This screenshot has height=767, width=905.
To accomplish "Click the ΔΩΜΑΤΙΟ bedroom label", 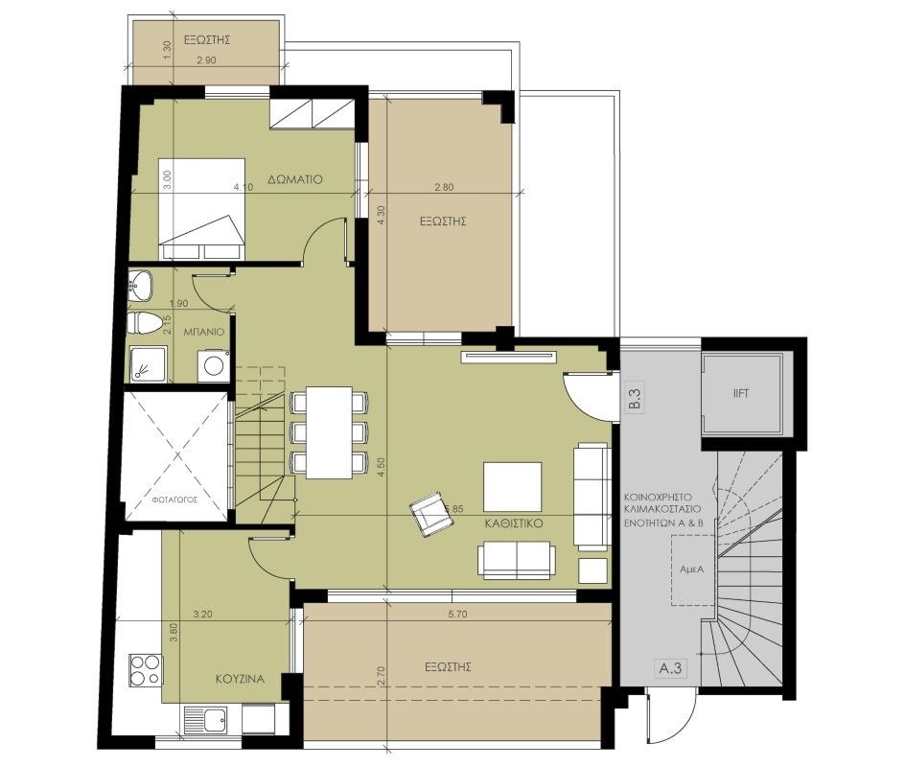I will coord(294,178).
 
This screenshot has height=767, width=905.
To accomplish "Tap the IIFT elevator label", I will coord(740,393).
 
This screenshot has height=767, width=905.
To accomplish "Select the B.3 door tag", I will coord(634,397).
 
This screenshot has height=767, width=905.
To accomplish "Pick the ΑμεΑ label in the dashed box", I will coord(692,569).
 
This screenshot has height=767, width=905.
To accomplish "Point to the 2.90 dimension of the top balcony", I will coord(206,60).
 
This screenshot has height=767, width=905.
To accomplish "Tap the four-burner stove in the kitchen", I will coord(145,668).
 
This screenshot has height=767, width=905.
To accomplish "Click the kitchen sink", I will coord(204,717).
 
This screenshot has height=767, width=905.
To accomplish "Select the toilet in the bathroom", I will coord(143,323).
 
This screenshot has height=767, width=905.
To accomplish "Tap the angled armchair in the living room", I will coord(429,515).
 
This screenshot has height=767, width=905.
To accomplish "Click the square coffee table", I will coord(512,487).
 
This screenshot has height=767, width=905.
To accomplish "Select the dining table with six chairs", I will coord(329,431).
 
